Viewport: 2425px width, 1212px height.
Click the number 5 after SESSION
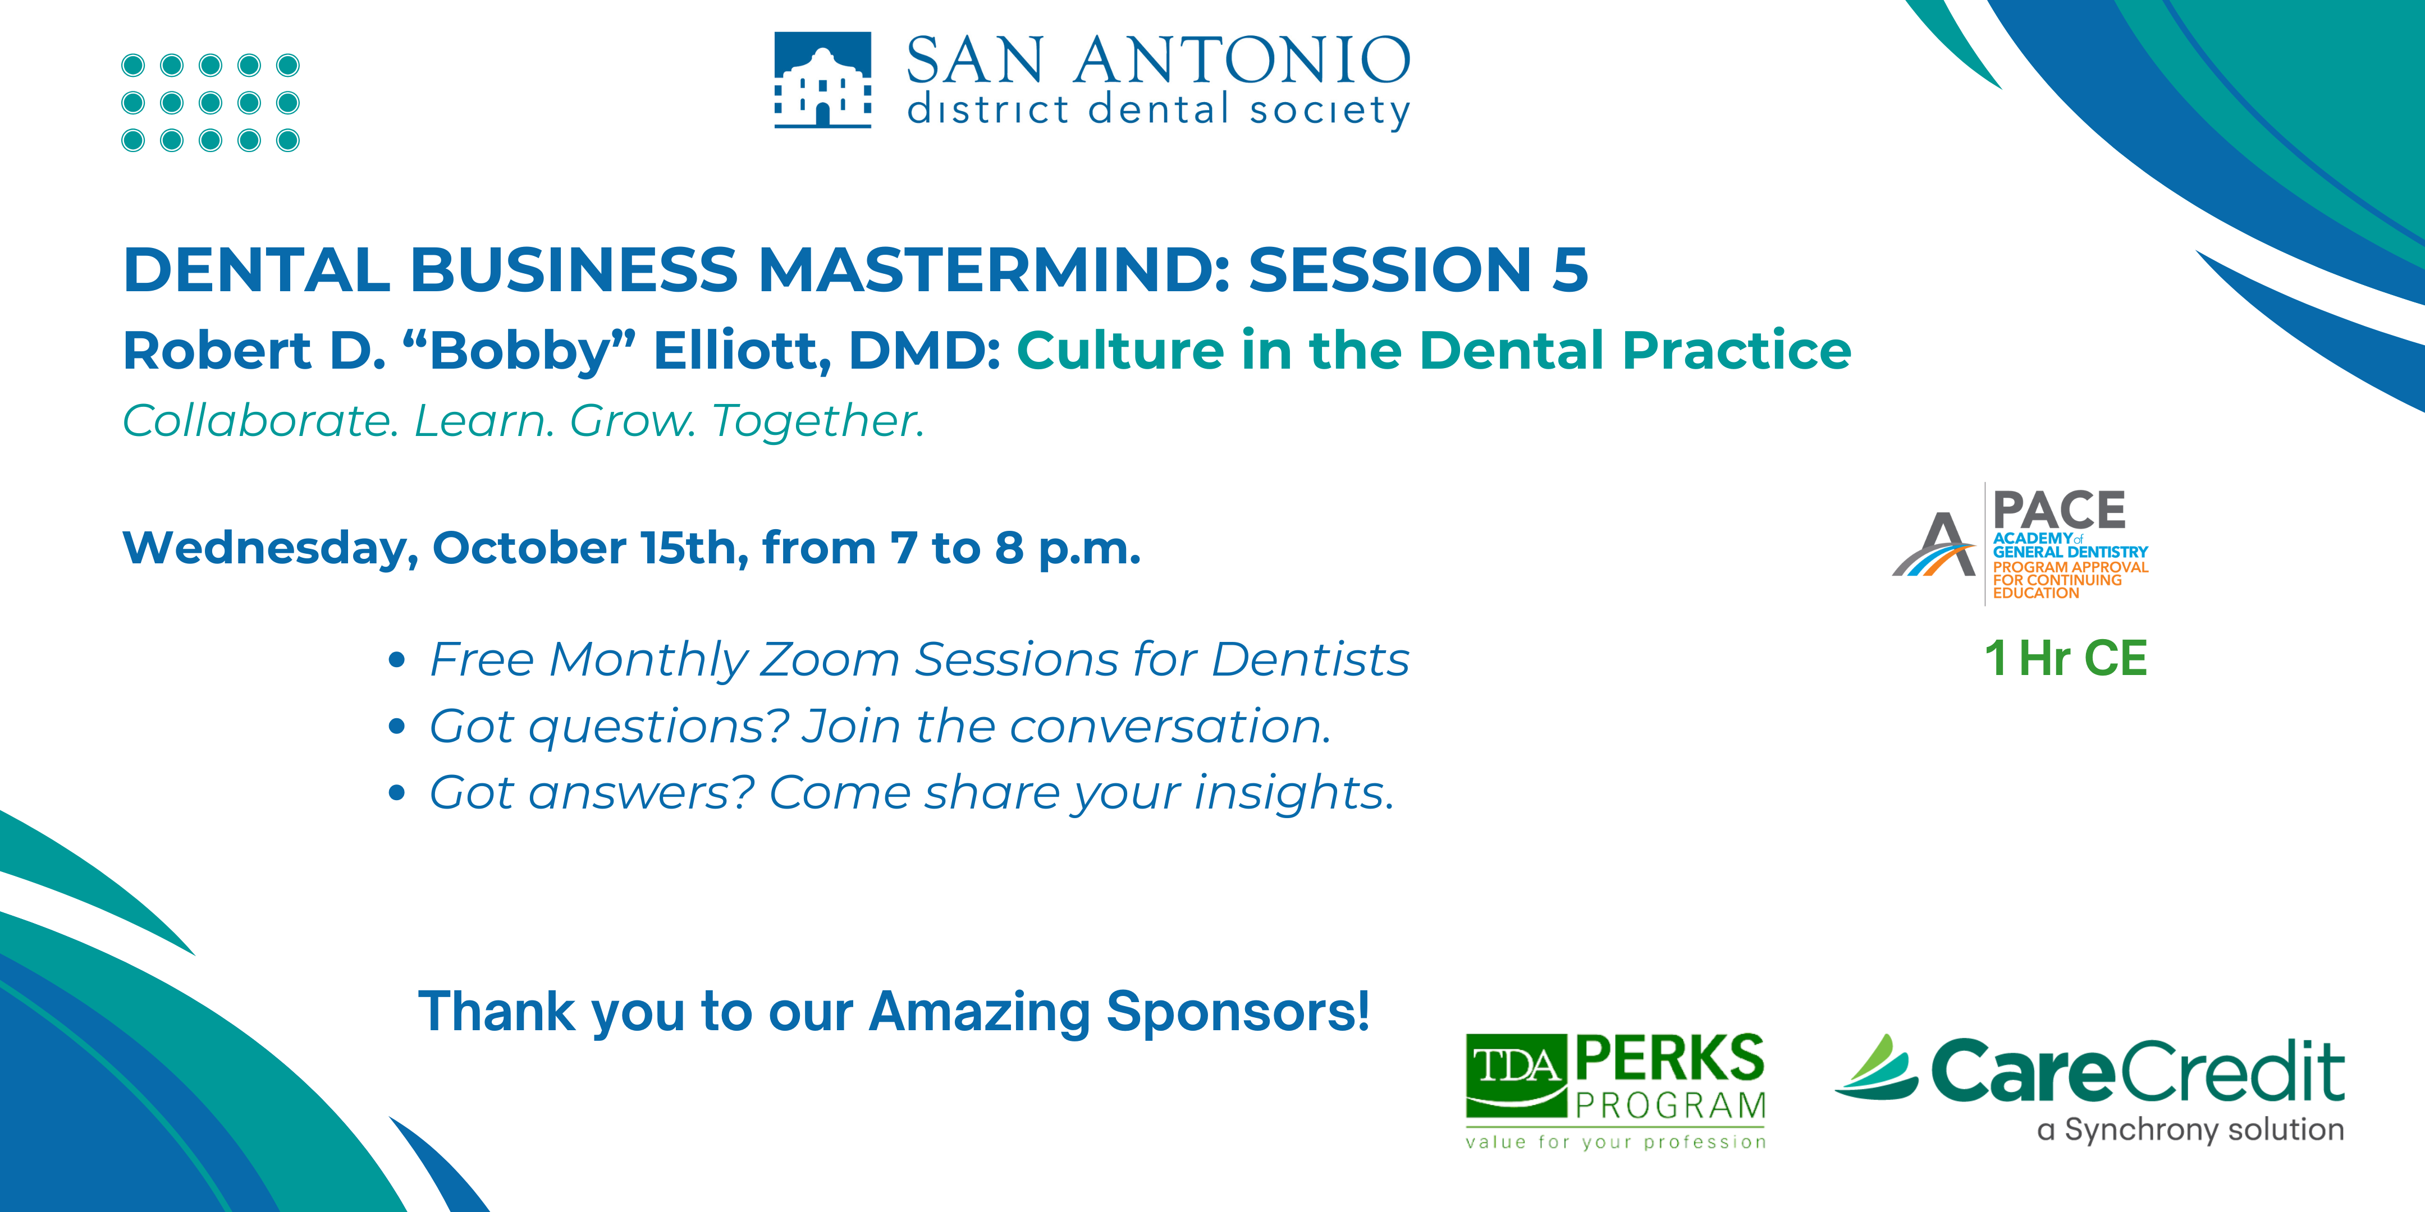tap(1570, 269)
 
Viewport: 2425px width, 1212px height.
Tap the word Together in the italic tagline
tap(818, 421)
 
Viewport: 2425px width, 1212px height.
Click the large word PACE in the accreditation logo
tap(2060, 510)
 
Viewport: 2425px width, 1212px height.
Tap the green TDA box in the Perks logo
tap(1516, 1073)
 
